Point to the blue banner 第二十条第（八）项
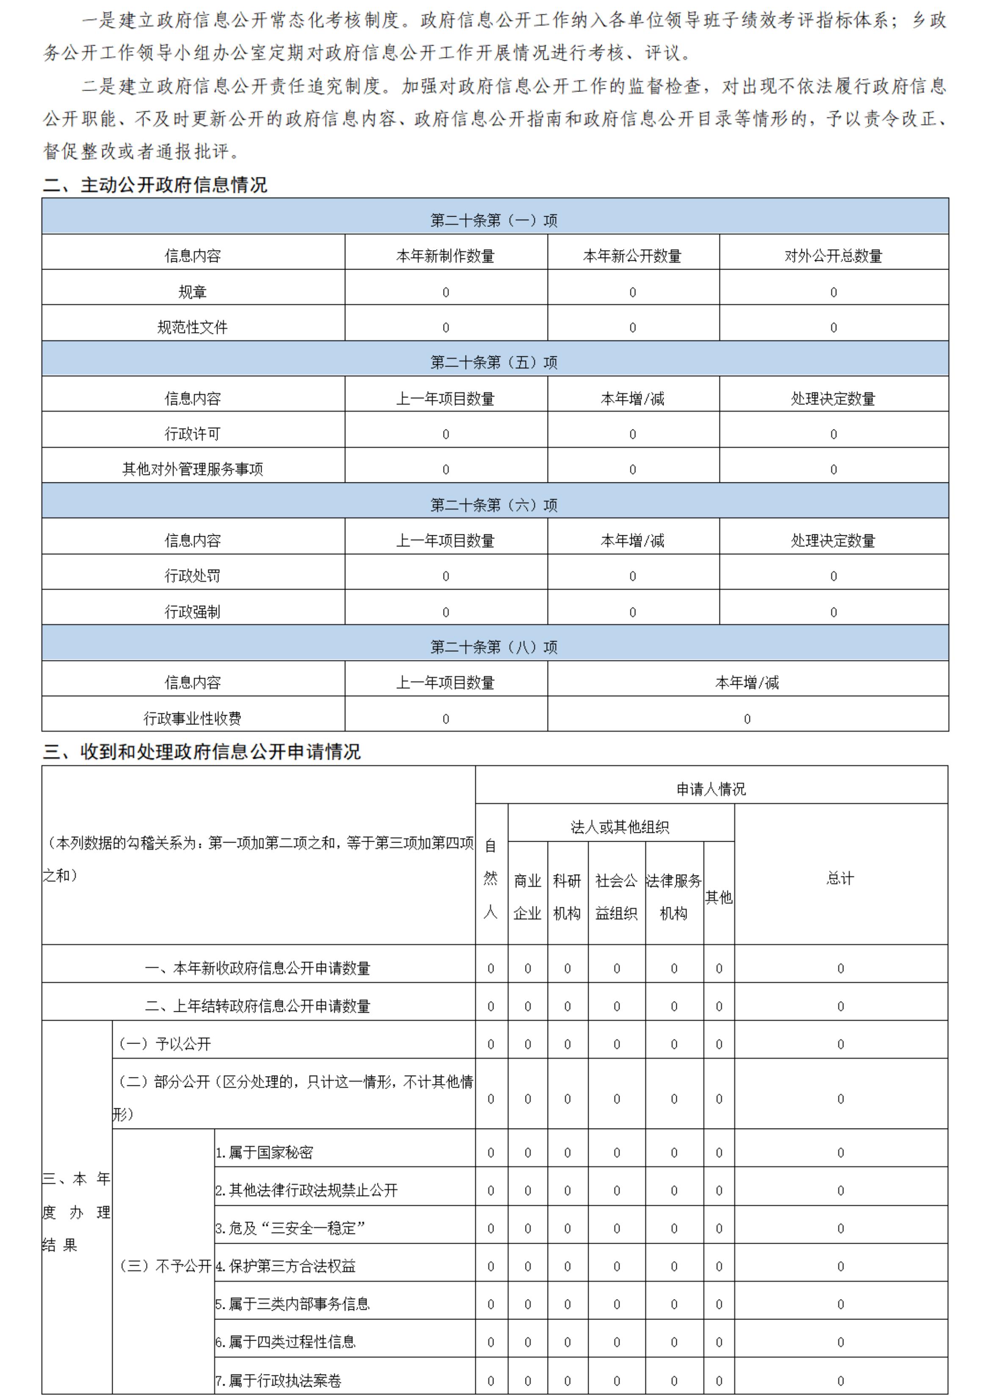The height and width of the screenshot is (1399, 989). (494, 647)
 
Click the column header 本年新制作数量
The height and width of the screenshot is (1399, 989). (446, 256)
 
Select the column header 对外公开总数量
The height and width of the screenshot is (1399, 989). (833, 256)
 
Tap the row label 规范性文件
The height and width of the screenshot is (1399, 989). (193, 327)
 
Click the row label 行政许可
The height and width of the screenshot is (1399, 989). (193, 434)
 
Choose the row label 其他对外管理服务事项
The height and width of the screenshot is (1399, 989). (193, 469)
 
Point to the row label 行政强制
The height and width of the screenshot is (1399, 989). (193, 612)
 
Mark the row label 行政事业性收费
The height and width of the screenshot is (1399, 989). (193, 719)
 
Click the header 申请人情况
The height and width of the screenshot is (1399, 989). (711, 789)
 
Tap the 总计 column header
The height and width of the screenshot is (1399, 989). (840, 878)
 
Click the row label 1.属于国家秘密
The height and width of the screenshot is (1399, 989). (264, 1152)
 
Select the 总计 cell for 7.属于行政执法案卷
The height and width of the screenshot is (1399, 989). (840, 1381)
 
